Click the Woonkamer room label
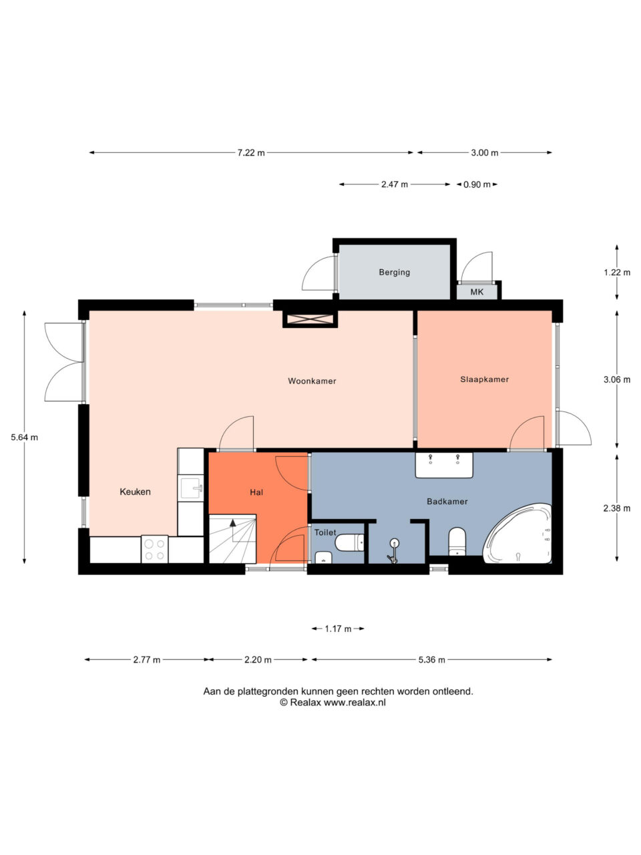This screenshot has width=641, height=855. coord(312,381)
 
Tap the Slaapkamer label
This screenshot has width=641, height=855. coord(484,379)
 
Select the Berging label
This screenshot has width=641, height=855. coord(394,273)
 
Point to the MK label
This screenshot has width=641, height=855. coord(477,292)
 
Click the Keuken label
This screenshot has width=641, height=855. coord(135,492)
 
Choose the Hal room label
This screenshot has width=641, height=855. coord(256,492)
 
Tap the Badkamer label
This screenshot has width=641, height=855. coord(447,502)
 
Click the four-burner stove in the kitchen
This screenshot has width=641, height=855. coord(154,549)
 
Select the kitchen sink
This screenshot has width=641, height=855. coord(192,488)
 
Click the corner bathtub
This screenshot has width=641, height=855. coord(518,534)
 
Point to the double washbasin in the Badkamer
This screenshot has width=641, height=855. coord(444,465)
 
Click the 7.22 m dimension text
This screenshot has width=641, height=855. coord(251,153)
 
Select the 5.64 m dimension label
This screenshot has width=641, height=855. coord(25,438)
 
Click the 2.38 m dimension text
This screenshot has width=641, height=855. coord(617,508)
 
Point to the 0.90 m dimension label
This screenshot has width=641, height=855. coord(477,184)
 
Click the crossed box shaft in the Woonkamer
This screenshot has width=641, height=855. coord(310,319)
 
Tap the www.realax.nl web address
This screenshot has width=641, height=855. coord(355,702)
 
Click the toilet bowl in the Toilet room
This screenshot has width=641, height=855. coord(349,542)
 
